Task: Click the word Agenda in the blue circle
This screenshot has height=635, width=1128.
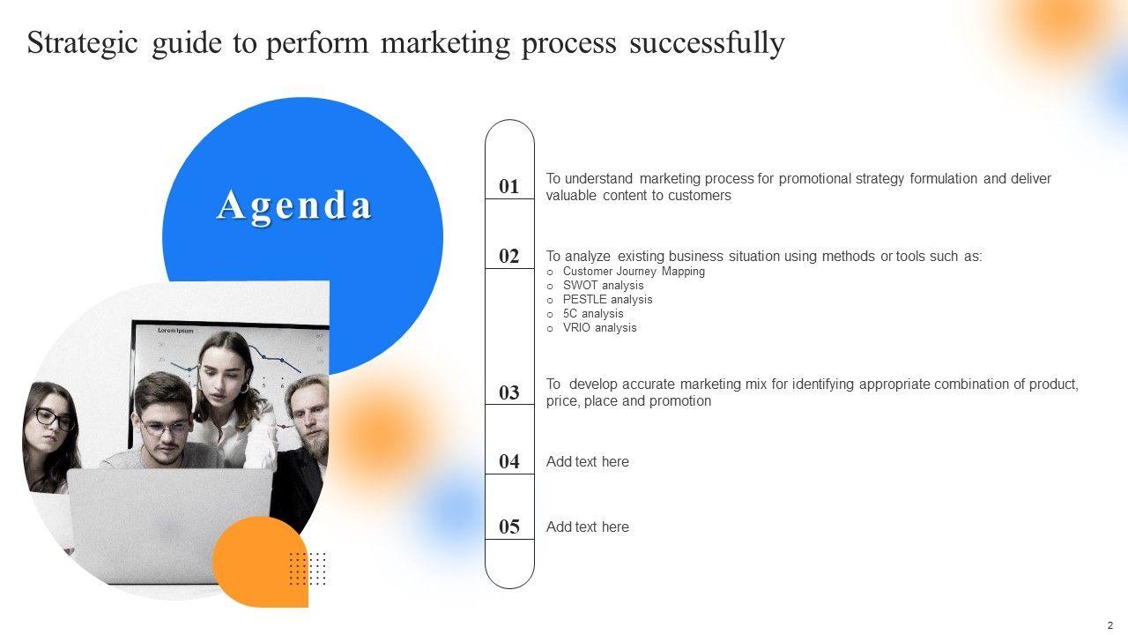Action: (x=294, y=206)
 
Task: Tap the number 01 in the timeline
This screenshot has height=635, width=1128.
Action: (x=508, y=186)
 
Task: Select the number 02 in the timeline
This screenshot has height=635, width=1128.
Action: (x=508, y=256)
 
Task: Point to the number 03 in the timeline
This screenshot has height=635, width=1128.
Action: (x=508, y=392)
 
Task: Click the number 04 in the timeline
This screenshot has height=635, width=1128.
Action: (x=508, y=461)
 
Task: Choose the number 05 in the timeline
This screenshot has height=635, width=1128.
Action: (x=508, y=527)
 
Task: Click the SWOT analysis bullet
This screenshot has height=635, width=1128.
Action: (x=604, y=285)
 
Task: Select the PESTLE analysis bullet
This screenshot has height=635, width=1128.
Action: (x=607, y=299)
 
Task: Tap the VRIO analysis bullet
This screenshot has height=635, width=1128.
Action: (x=600, y=327)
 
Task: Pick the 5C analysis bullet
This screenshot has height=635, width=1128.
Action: (x=593, y=313)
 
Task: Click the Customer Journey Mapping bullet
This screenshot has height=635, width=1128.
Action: (x=634, y=271)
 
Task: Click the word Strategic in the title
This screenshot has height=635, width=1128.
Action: (x=82, y=43)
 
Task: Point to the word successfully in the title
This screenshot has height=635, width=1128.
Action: (x=707, y=43)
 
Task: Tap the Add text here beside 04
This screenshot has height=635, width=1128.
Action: (x=588, y=461)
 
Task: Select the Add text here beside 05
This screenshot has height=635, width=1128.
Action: (x=588, y=527)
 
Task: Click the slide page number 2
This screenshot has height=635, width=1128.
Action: (x=1110, y=626)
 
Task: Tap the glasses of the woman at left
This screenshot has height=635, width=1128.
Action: (x=55, y=419)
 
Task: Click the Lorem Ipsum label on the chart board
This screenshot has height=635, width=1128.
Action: (x=175, y=331)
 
